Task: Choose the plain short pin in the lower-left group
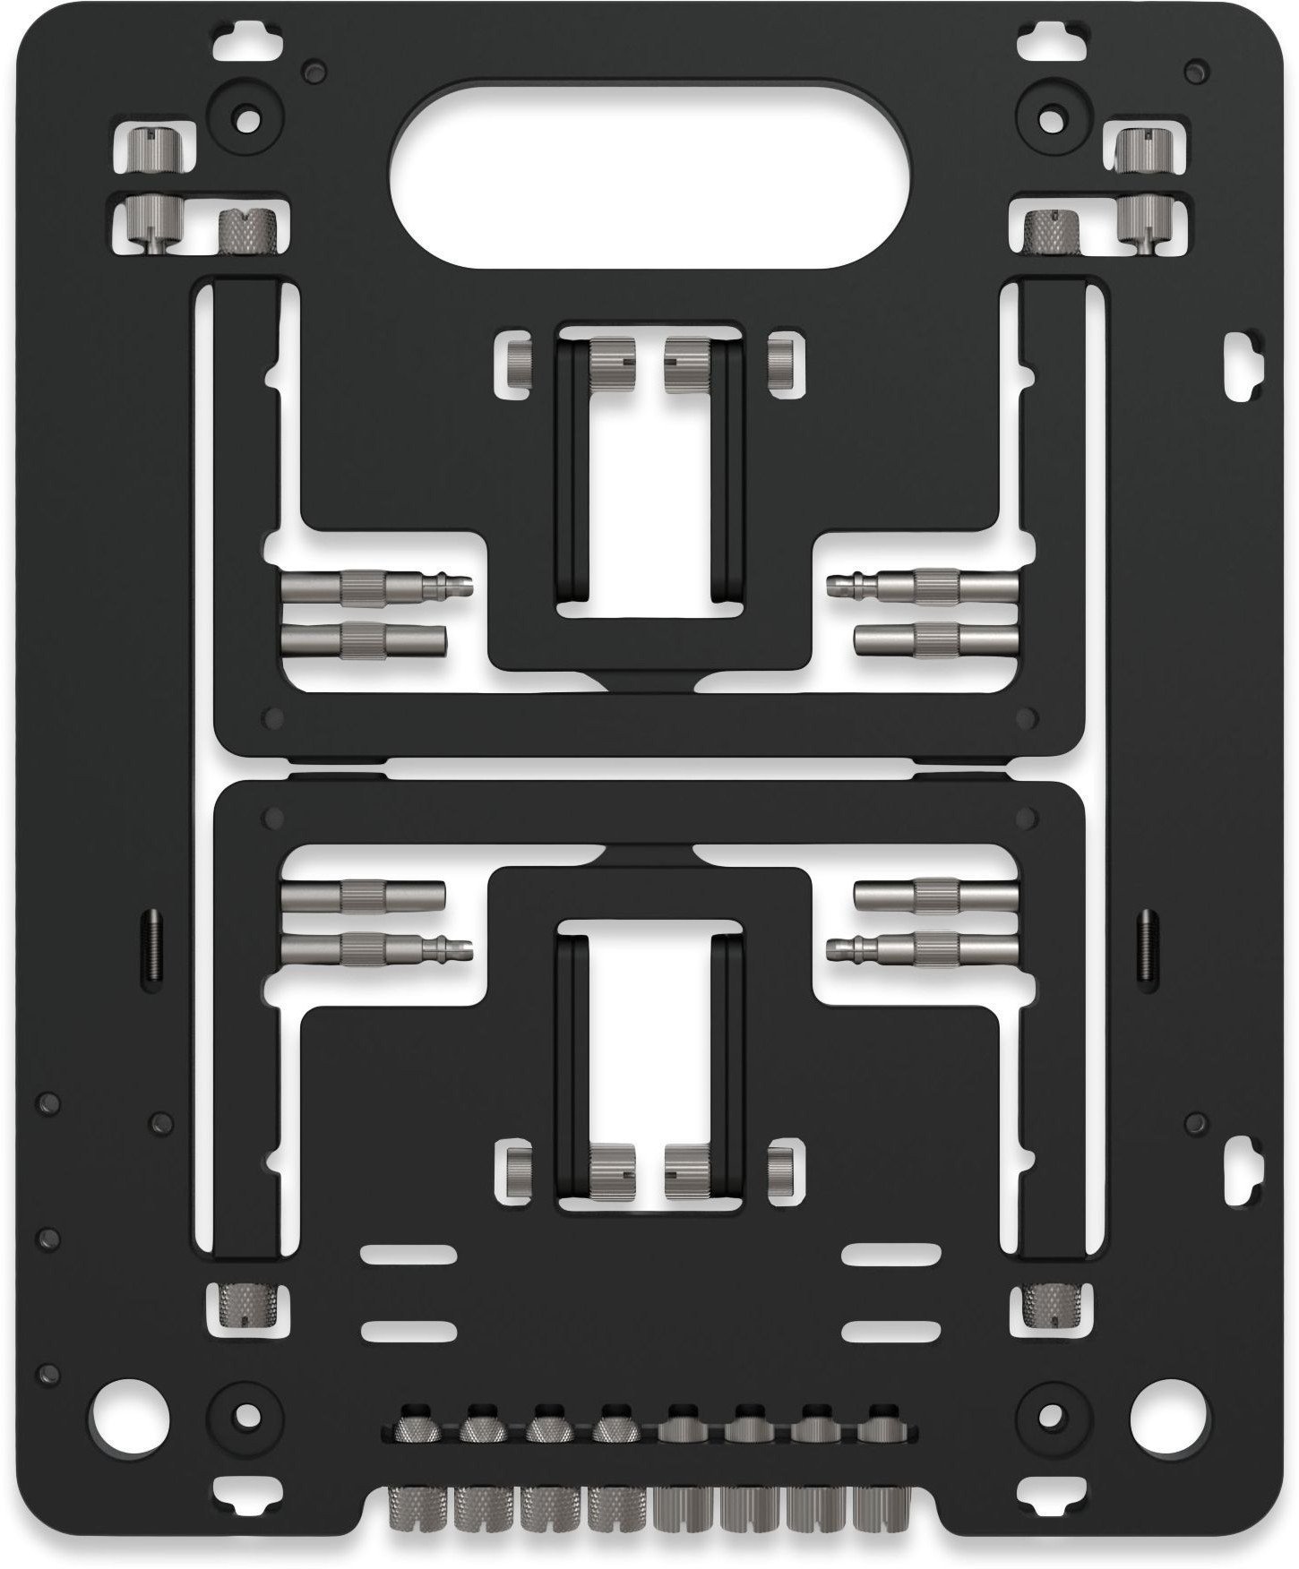pos(363,896)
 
